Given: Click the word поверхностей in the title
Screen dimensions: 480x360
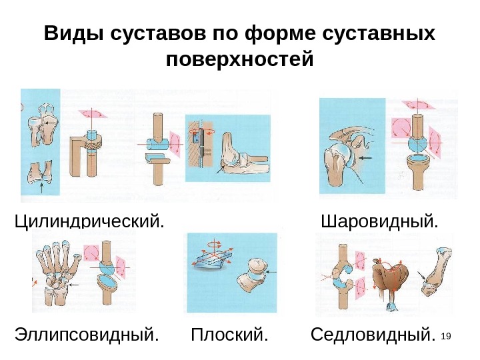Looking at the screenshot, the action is pyautogui.click(x=239, y=61).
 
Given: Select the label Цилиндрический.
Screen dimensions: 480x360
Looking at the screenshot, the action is pyautogui.click(x=89, y=220).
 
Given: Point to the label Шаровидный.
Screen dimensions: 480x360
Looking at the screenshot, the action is pyautogui.click(x=380, y=220).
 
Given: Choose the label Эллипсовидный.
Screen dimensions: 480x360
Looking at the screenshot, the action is pyautogui.click(x=87, y=333).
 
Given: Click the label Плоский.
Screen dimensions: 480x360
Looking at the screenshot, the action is pyautogui.click(x=229, y=333).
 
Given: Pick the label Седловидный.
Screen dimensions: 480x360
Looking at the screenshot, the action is pyautogui.click(x=377, y=333).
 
